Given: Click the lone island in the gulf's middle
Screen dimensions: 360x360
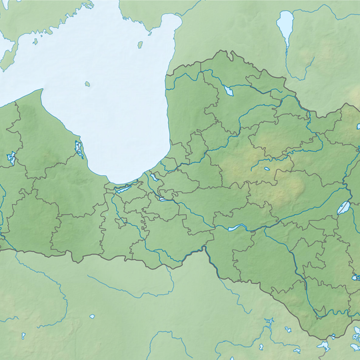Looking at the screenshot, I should (87, 84).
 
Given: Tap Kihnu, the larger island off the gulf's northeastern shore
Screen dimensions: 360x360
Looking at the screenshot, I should (141, 45).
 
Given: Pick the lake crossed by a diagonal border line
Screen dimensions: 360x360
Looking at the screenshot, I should (344, 207).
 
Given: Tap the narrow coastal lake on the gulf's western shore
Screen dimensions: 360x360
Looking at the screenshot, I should (80, 149).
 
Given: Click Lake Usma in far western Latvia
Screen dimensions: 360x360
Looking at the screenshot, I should (11, 159).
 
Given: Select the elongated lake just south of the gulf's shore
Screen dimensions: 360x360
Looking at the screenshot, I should (125, 188).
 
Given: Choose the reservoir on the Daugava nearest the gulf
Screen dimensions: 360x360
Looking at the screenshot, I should (163, 198).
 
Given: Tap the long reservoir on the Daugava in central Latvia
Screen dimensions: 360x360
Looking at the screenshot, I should (235, 228).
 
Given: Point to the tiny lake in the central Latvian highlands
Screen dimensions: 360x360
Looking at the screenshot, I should (267, 169).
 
